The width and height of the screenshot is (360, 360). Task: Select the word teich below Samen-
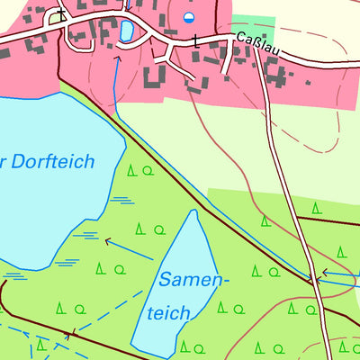pyautogui.click(x=169, y=313)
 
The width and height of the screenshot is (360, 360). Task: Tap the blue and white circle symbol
pyautogui.click(x=189, y=17)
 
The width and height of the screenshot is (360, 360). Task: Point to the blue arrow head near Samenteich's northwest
pyautogui.click(x=108, y=241)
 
